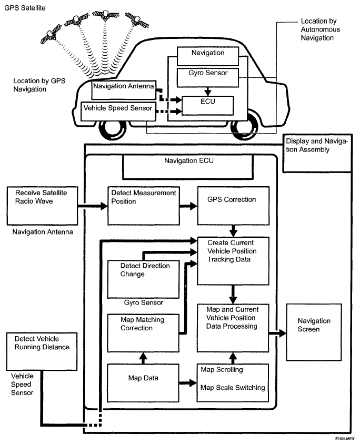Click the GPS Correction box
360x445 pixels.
click(x=233, y=206)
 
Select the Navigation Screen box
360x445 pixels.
click(x=314, y=332)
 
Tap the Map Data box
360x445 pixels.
click(x=143, y=383)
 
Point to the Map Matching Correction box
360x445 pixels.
click(x=143, y=333)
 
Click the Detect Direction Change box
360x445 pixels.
click(x=143, y=279)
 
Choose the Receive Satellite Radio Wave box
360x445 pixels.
click(x=42, y=206)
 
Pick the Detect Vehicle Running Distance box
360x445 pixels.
click(x=42, y=351)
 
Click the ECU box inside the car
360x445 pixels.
click(x=207, y=106)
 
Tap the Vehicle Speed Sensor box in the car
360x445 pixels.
click(x=118, y=112)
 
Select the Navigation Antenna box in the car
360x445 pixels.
click(x=124, y=90)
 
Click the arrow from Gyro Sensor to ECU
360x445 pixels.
click(x=208, y=92)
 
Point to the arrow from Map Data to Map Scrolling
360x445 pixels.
click(x=188, y=383)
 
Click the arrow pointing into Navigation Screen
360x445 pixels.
click(x=277, y=333)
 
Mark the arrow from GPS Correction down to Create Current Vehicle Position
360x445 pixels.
click(x=233, y=231)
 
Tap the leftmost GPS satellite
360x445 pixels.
click(x=51, y=34)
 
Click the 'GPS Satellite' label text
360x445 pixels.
click(x=25, y=8)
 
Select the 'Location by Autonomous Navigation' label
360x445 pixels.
click(x=320, y=29)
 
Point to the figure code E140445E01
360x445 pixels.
click(x=345, y=439)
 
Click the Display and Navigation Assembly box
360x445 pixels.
click(x=317, y=153)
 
